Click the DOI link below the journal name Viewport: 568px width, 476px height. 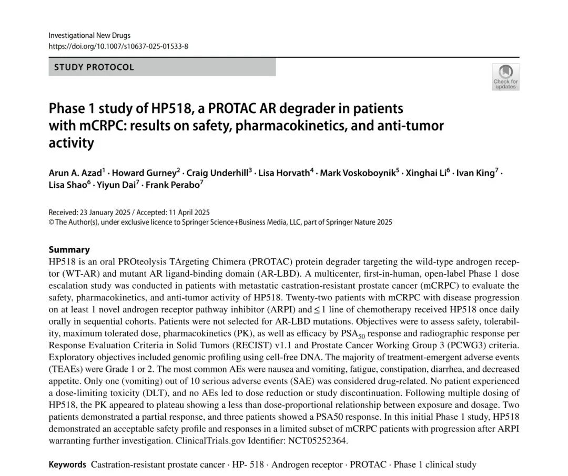click(118, 46)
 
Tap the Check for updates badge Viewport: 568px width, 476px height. click(505, 77)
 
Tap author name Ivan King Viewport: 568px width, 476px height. click(476, 173)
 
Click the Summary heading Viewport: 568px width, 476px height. click(69, 250)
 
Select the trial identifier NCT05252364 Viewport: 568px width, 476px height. click(318, 441)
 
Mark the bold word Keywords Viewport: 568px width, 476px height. click(67, 464)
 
